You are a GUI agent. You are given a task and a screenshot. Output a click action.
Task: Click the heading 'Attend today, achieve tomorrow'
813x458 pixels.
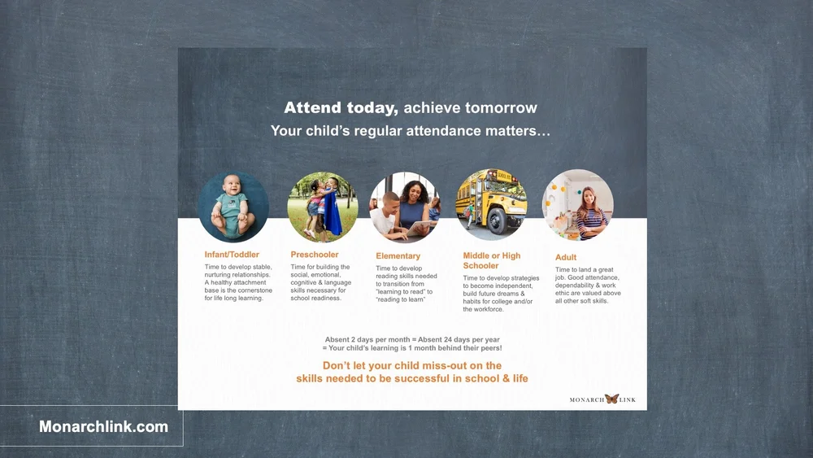pos(411,108)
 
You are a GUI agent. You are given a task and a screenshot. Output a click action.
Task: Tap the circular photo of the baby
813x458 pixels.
pos(233,207)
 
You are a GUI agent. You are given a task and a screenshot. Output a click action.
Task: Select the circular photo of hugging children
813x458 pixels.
pos(323,207)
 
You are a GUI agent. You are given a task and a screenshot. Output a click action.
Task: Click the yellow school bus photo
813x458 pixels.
pos(491,204)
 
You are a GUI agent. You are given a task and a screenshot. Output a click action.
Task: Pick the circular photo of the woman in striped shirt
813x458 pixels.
pos(578,204)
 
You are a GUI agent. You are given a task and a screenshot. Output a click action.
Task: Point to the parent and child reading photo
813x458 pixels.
pos(405,207)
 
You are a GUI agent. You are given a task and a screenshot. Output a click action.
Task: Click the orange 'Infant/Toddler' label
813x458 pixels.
pos(232,255)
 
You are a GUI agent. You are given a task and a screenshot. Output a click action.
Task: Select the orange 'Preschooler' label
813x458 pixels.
pos(315,255)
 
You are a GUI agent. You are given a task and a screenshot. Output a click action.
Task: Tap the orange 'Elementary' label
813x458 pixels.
pos(398,256)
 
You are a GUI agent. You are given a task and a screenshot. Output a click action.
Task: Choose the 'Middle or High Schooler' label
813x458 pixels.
pos(491,260)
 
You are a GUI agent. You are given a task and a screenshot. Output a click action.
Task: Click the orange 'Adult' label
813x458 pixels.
pos(566,257)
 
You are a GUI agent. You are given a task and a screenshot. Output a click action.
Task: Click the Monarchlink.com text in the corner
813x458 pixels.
pos(104,426)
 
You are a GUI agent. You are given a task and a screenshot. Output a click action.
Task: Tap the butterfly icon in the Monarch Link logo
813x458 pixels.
pos(611,399)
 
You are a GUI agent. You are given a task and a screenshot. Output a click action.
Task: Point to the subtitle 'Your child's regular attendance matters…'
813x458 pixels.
pos(411,130)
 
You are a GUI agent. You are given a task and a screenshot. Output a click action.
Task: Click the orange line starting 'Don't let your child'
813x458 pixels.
pos(412,366)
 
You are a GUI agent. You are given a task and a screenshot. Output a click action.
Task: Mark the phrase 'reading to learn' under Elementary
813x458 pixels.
pos(402,299)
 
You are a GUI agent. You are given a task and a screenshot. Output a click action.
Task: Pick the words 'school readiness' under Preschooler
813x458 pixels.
pos(316,298)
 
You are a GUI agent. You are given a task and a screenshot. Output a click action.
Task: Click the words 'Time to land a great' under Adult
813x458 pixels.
pos(585,270)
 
